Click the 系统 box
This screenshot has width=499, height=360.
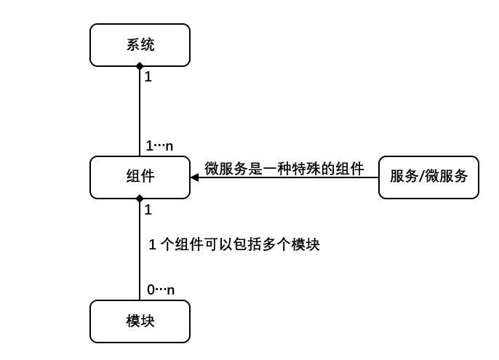140,44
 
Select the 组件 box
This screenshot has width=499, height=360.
140,177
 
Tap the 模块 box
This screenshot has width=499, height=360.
140,321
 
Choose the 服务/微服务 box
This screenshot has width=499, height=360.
428,177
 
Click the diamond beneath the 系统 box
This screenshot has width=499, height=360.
140,67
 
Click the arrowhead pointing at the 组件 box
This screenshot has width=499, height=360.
195,177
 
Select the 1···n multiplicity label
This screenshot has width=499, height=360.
159,145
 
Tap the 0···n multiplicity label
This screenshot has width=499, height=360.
161,289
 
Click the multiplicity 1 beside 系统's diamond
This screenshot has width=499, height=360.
148,76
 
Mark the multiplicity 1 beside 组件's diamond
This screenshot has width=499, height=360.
148,209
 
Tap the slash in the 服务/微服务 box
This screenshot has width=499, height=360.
421,177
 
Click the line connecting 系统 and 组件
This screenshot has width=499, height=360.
140,109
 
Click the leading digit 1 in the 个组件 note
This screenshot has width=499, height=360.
152,245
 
